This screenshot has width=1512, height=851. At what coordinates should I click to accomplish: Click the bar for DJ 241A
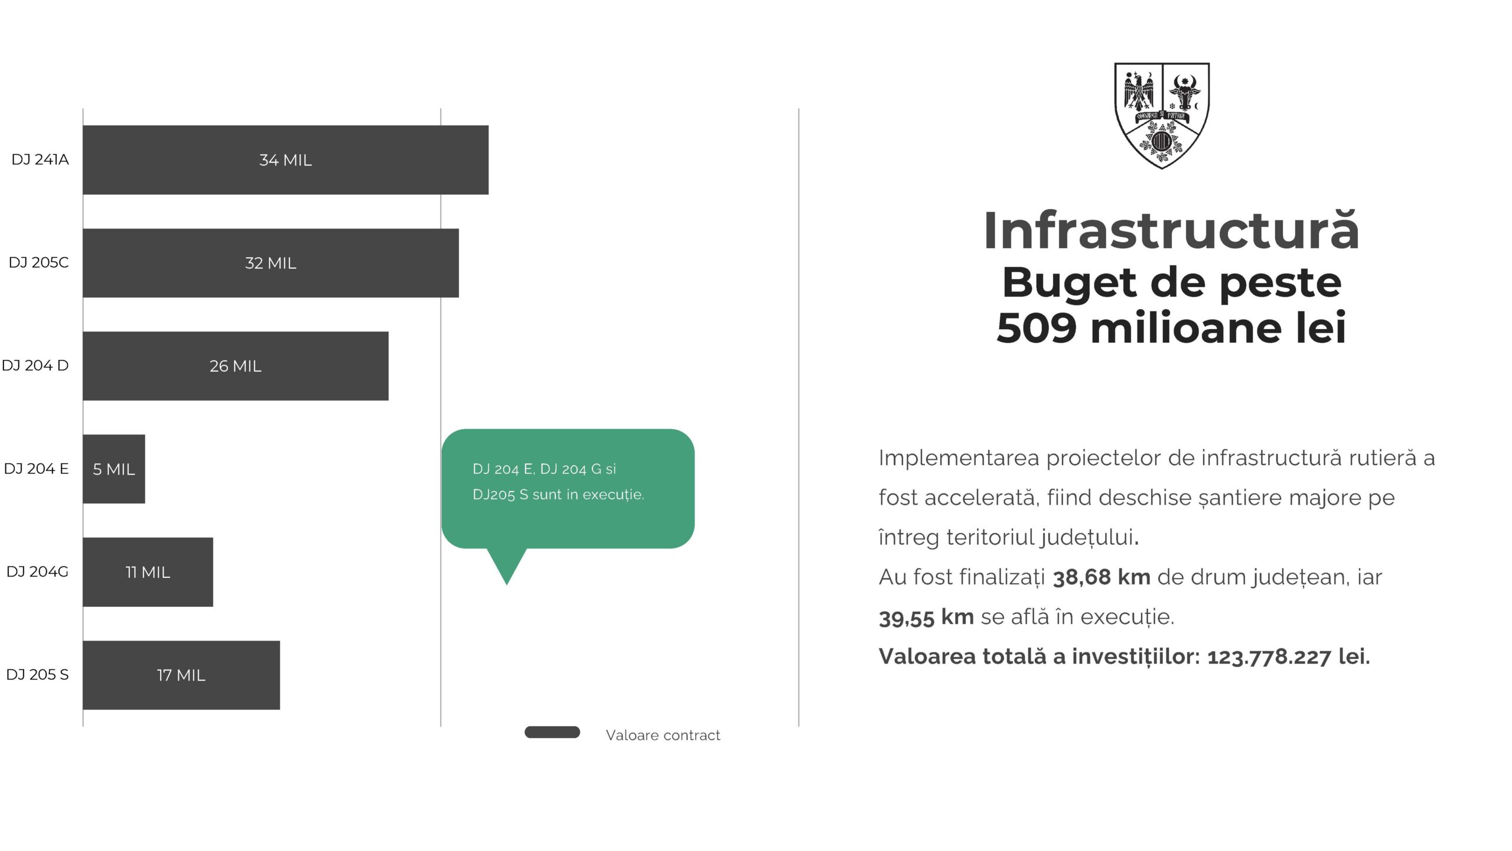pyautogui.click(x=285, y=160)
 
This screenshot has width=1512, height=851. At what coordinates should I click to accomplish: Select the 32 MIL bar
pyautogui.click(x=271, y=263)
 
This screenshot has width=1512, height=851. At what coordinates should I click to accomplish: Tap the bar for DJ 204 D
pyautogui.click(x=236, y=366)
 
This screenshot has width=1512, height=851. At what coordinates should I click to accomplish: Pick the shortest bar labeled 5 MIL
pyautogui.click(x=114, y=469)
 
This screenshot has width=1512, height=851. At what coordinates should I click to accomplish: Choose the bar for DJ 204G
pyautogui.click(x=148, y=572)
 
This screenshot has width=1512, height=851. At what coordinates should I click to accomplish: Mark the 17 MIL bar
pyautogui.click(x=181, y=675)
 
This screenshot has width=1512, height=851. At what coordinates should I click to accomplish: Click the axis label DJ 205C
pyautogui.click(x=38, y=262)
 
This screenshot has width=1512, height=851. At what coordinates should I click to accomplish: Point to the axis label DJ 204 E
pyautogui.click(x=36, y=469)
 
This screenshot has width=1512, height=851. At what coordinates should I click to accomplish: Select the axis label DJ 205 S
pyautogui.click(x=37, y=674)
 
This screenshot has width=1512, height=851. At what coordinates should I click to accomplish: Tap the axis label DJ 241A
pyautogui.click(x=40, y=160)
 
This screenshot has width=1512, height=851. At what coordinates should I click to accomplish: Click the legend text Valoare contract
pyautogui.click(x=663, y=735)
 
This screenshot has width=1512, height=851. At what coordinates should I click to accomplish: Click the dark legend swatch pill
pyautogui.click(x=552, y=732)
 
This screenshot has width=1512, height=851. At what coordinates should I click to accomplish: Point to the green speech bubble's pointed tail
pyautogui.click(x=507, y=584)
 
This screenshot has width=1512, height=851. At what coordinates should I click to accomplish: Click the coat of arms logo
pyautogui.click(x=1162, y=116)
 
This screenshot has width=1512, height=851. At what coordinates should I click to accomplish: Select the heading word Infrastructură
pyautogui.click(x=1172, y=231)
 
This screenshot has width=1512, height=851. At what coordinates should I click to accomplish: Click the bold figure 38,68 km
pyautogui.click(x=1102, y=577)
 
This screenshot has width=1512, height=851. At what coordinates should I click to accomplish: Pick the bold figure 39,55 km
pyautogui.click(x=926, y=618)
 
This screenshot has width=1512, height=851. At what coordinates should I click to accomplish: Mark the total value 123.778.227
pyautogui.click(x=1269, y=657)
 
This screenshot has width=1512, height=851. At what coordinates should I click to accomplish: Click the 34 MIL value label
pyautogui.click(x=285, y=160)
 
